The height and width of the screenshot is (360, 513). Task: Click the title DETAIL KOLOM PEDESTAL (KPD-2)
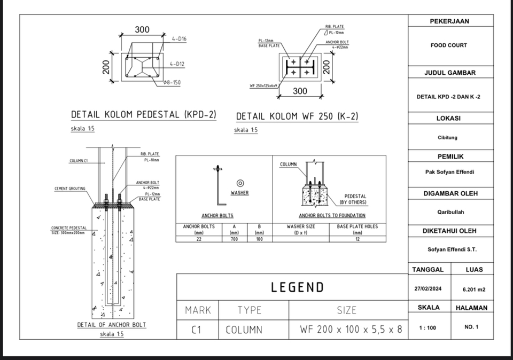[x=143, y=114]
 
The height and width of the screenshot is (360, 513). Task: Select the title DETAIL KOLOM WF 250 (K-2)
[x=297, y=116]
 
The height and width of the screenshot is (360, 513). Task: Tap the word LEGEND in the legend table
[x=297, y=287]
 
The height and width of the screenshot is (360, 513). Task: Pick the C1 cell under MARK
[x=197, y=330]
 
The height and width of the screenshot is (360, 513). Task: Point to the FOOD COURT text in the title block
[x=448, y=45]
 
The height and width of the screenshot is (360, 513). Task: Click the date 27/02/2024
[x=428, y=289]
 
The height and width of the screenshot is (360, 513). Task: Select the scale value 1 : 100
[x=427, y=327]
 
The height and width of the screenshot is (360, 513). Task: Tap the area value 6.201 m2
[x=473, y=289]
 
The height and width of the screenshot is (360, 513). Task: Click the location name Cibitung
[x=448, y=137]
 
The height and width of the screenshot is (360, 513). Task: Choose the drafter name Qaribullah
[x=448, y=212]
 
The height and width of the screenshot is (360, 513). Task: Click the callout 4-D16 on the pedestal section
[x=178, y=40]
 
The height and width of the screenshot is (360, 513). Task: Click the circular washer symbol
[x=240, y=183]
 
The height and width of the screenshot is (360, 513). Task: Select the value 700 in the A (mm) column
[x=234, y=239]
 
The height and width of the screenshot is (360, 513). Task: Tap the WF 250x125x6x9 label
[x=263, y=85]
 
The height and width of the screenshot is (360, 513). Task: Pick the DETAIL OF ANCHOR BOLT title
[x=112, y=324]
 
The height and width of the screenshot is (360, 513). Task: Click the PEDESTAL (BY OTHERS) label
[x=353, y=199]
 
